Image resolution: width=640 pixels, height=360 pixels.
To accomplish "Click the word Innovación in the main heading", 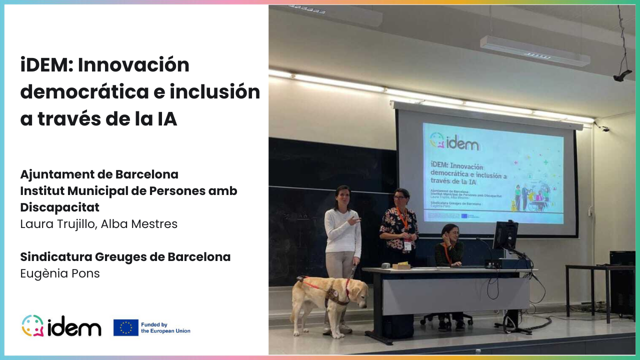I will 134,65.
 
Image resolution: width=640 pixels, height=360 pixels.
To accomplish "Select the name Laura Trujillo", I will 58,224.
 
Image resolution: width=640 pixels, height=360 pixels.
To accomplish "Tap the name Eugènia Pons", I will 60,273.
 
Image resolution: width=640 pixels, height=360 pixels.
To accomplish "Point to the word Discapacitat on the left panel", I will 60,207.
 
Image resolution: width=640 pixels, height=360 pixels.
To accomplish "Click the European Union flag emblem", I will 126,327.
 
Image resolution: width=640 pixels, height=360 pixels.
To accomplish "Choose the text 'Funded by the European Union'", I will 165,327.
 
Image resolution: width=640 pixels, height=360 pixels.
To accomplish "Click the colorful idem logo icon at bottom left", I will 32,326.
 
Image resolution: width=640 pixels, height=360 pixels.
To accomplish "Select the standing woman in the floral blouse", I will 399,225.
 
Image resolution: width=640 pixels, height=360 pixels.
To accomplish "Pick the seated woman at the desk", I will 448,247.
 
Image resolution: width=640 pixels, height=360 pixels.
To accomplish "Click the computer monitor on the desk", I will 505,235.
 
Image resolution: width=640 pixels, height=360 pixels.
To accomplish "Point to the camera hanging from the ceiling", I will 622,75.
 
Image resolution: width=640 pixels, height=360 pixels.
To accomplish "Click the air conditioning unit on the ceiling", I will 535,50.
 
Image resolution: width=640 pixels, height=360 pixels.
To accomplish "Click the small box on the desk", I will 401,266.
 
